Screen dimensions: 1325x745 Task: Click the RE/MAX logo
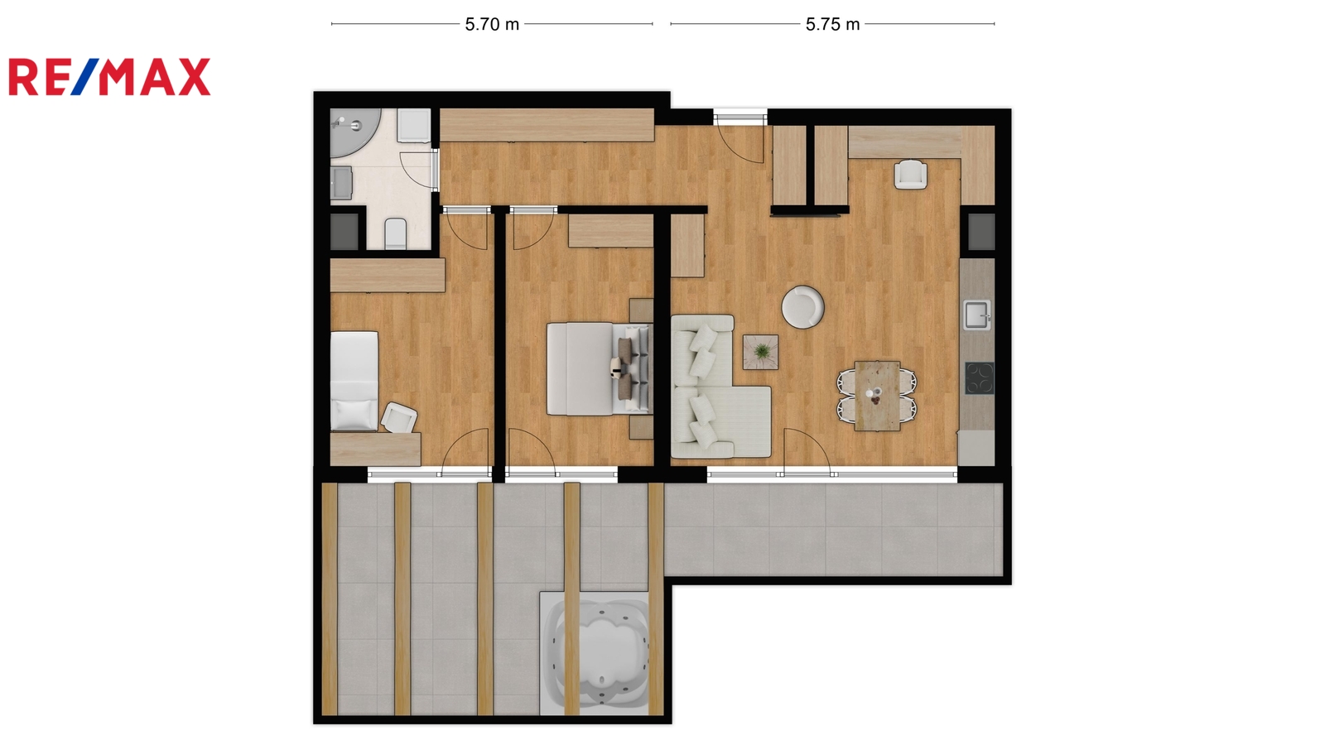[109, 77]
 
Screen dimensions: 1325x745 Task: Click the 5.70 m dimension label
[492, 24]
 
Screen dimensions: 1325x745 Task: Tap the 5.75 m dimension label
[832, 24]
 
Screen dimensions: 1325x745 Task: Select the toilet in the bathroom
[396, 233]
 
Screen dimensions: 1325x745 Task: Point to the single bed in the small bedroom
[354, 380]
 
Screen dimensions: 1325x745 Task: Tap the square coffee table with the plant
[761, 352]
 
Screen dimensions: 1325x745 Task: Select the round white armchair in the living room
[802, 306]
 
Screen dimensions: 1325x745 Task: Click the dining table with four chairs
[877, 396]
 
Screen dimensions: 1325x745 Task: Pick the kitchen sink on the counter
[977, 315]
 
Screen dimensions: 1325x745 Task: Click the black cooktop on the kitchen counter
[979, 377]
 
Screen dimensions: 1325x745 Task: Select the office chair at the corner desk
[910, 175]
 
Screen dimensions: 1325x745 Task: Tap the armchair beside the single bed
[398, 417]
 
